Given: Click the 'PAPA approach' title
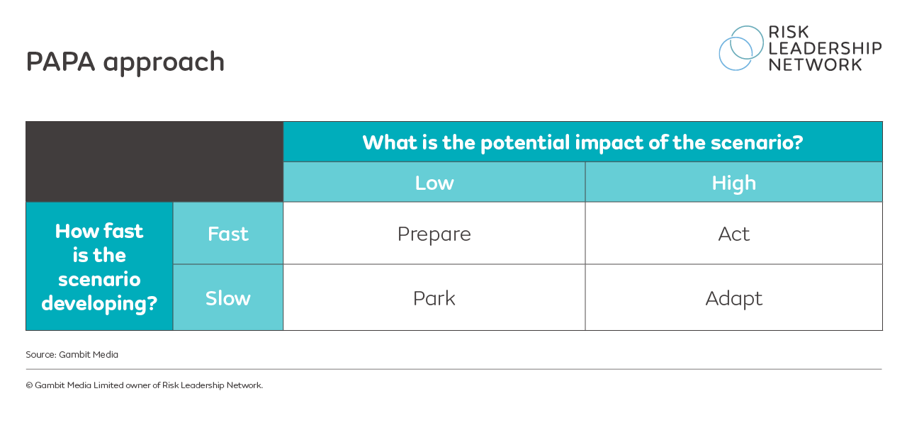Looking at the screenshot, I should pyautogui.click(x=125, y=62).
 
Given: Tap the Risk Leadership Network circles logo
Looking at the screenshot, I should pyautogui.click(x=741, y=48).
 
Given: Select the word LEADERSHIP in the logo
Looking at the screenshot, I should pyautogui.click(x=825, y=48).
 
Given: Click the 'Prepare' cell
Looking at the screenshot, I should pyautogui.click(x=434, y=234).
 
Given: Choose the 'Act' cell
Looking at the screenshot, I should pyautogui.click(x=733, y=234).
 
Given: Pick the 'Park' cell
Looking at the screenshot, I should pyautogui.click(x=434, y=298).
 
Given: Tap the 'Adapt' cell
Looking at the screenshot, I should pyautogui.click(x=733, y=298).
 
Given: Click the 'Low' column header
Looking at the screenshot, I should pyautogui.click(x=434, y=183).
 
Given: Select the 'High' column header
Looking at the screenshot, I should pyautogui.click(x=733, y=183).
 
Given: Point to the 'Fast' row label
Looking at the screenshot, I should pyautogui.click(x=227, y=234).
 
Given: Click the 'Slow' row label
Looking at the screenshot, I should pyautogui.click(x=227, y=298).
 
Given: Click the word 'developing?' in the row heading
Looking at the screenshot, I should pyautogui.click(x=99, y=303).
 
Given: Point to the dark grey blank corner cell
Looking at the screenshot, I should pyautogui.click(x=154, y=161).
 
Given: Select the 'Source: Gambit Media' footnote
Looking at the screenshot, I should pyautogui.click(x=72, y=354).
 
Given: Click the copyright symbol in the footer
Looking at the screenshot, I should pyautogui.click(x=29, y=385).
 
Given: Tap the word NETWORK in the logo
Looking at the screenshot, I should pyautogui.click(x=815, y=64).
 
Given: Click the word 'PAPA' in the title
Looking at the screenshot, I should pyautogui.click(x=61, y=62).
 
